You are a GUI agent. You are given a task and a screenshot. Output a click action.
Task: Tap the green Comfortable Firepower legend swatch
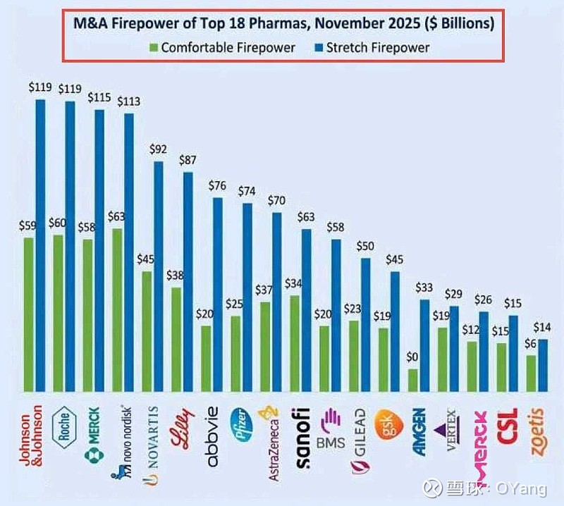pos(153,48)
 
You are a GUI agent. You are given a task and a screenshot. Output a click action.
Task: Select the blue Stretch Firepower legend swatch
pos(319,48)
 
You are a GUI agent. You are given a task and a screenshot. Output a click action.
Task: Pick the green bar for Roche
pos(58,313)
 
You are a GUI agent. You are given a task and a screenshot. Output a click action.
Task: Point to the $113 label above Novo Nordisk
pos(128,101)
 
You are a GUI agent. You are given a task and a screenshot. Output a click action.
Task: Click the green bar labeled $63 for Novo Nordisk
pos(117,310)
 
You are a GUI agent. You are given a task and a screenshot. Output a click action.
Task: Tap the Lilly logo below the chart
pos(177,431)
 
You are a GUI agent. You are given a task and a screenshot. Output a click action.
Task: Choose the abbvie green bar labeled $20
pos(206,358)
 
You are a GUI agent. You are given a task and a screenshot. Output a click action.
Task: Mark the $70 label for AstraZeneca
pos(276,200)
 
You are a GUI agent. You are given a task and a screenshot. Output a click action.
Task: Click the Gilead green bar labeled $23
pos(354,356)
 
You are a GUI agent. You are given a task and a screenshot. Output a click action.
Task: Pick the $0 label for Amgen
pos(413,357)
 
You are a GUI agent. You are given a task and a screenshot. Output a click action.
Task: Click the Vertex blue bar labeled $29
pos(455,348)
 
